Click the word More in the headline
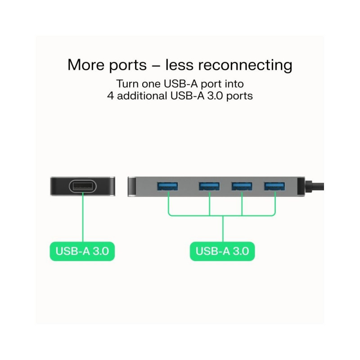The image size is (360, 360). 85,65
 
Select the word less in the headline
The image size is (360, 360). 180,65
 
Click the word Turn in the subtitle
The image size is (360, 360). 127,84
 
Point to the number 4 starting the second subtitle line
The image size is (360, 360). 110,96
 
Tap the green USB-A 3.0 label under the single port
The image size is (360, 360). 82,251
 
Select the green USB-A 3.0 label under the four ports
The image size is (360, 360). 222,251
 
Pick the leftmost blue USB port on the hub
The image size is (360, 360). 167,185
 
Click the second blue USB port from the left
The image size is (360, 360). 209,185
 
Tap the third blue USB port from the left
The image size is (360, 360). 242,185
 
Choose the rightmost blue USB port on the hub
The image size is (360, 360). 274,185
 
